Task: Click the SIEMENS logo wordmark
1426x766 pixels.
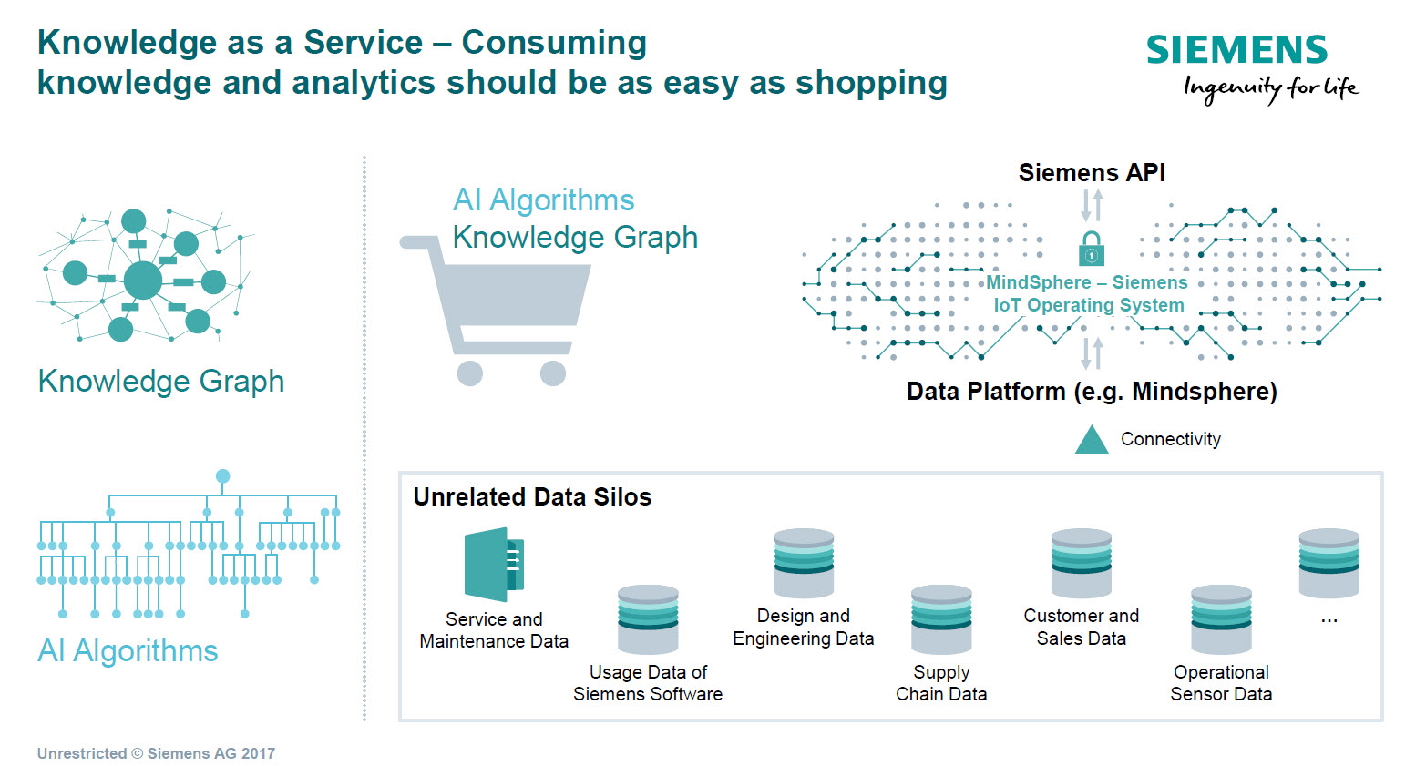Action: [1236, 50]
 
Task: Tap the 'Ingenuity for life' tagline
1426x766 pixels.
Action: [1271, 88]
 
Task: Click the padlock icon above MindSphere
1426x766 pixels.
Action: [1092, 249]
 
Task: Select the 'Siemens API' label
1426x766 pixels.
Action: [1092, 173]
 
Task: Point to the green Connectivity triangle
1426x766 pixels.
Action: [1092, 440]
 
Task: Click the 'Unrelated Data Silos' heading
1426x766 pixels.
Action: [532, 497]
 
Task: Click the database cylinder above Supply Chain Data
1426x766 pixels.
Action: [941, 619]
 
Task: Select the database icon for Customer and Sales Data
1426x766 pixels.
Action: [1082, 563]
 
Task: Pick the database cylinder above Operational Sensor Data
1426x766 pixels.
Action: [1221, 619]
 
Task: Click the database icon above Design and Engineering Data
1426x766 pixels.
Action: [804, 563]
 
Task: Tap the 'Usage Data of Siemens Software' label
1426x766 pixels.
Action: [648, 683]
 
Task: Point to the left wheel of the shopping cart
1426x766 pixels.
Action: [470, 373]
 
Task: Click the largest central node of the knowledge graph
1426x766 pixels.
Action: [143, 280]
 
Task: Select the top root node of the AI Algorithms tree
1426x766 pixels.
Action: [223, 476]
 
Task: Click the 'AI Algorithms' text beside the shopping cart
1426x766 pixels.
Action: [544, 200]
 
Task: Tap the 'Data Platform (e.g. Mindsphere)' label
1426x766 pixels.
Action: [1092, 392]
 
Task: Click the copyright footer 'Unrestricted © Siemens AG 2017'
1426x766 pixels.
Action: [156, 753]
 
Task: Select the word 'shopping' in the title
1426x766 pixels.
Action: [871, 83]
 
